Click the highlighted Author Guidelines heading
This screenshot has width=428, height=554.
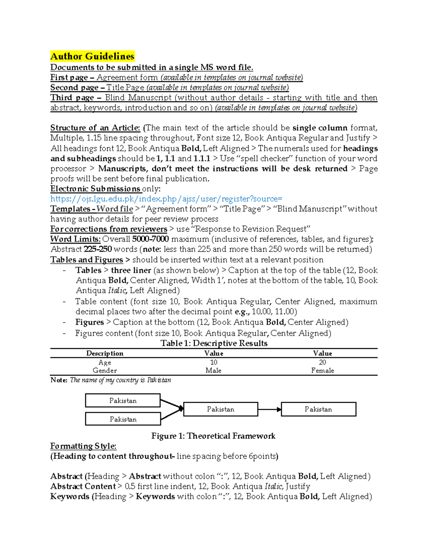(x=92, y=56)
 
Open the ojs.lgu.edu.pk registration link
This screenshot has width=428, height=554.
(x=166, y=199)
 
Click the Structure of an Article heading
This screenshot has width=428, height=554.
(x=95, y=128)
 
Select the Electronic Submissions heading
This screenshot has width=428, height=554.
(x=95, y=189)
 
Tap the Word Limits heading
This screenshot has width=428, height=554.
(x=75, y=239)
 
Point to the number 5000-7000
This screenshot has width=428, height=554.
(x=150, y=239)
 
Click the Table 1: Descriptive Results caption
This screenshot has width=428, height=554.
(x=214, y=343)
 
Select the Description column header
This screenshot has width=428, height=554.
(x=105, y=353)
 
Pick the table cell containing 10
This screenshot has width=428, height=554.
(x=214, y=362)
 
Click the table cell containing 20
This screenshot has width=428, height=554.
(x=322, y=362)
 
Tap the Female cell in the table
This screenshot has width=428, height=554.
(x=322, y=370)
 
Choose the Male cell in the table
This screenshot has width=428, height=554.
(x=213, y=370)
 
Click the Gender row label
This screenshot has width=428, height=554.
(x=105, y=370)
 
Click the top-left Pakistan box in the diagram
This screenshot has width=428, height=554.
(x=123, y=401)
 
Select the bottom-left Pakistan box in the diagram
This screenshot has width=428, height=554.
(x=123, y=419)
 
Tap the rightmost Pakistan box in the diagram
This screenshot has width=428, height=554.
(x=319, y=409)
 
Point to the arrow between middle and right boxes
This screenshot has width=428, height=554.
(x=269, y=409)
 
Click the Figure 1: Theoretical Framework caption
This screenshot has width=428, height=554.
(x=213, y=436)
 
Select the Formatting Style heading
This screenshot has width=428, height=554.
(x=83, y=446)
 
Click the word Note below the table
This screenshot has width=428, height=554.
(x=58, y=380)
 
